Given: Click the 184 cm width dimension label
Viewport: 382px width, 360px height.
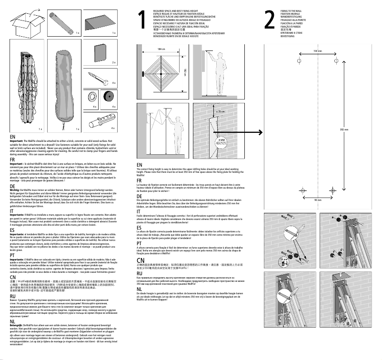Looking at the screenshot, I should click(x=161, y=49).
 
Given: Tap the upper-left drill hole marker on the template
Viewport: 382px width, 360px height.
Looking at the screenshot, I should click(x=299, y=62).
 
